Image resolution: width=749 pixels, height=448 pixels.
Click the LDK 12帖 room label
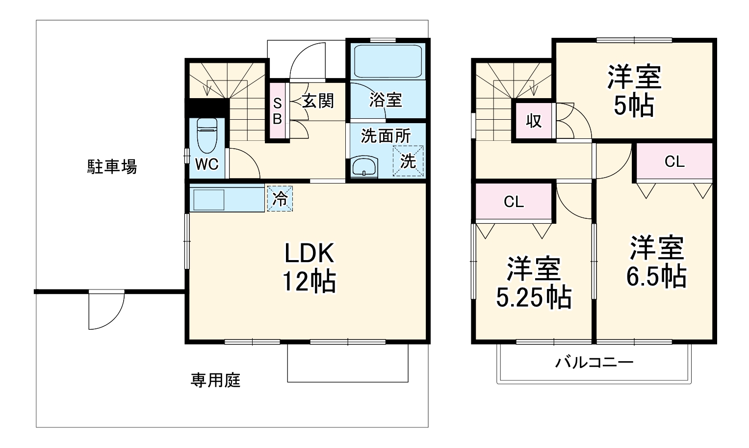[x=310, y=267]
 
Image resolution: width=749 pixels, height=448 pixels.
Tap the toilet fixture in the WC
[x=207, y=135]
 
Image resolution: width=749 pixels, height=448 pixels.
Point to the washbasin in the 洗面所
[x=364, y=167]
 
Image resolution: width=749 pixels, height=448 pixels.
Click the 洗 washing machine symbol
[x=408, y=161]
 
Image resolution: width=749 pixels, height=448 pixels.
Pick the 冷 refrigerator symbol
[x=280, y=199]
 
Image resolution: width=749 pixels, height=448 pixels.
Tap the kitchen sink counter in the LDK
[x=227, y=200]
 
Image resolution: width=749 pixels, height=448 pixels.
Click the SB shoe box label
[x=277, y=111]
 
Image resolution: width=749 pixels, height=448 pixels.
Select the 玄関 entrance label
[x=318, y=101]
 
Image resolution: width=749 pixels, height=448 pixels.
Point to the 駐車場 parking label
[x=112, y=167]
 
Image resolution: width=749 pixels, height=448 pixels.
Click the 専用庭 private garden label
[x=215, y=380]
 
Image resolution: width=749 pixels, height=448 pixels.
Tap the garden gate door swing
[x=106, y=311]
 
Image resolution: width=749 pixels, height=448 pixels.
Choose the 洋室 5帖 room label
[x=634, y=90]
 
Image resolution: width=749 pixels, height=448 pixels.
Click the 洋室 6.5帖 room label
[x=657, y=262]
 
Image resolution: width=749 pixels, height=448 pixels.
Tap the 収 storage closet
[x=534, y=121]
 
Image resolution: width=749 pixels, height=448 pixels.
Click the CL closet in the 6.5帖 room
[x=674, y=161]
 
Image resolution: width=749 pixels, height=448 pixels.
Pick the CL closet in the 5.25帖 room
[x=514, y=201]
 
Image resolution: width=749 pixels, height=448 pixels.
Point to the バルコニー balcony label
[x=594, y=363]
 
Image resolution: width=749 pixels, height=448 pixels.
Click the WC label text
[x=207, y=164]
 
